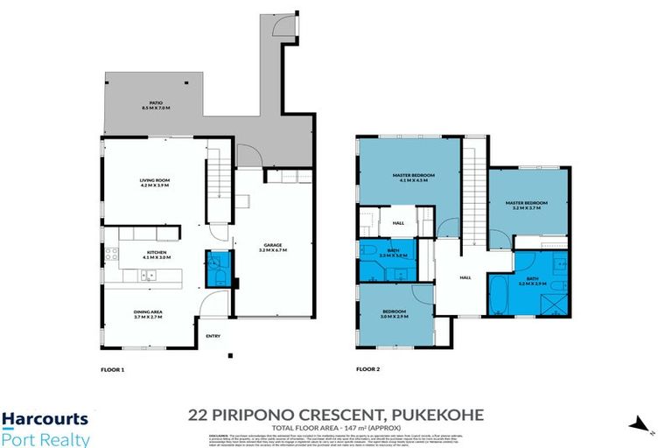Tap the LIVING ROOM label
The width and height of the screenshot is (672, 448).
pos(154,183)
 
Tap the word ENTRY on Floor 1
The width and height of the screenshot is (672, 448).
pos(213,336)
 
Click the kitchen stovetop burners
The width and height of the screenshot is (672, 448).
pos(111,255)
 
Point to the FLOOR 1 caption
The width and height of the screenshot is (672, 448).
pos(113,370)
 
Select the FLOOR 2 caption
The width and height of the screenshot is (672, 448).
pos(367,370)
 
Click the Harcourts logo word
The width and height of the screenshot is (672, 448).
pos(44,420)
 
